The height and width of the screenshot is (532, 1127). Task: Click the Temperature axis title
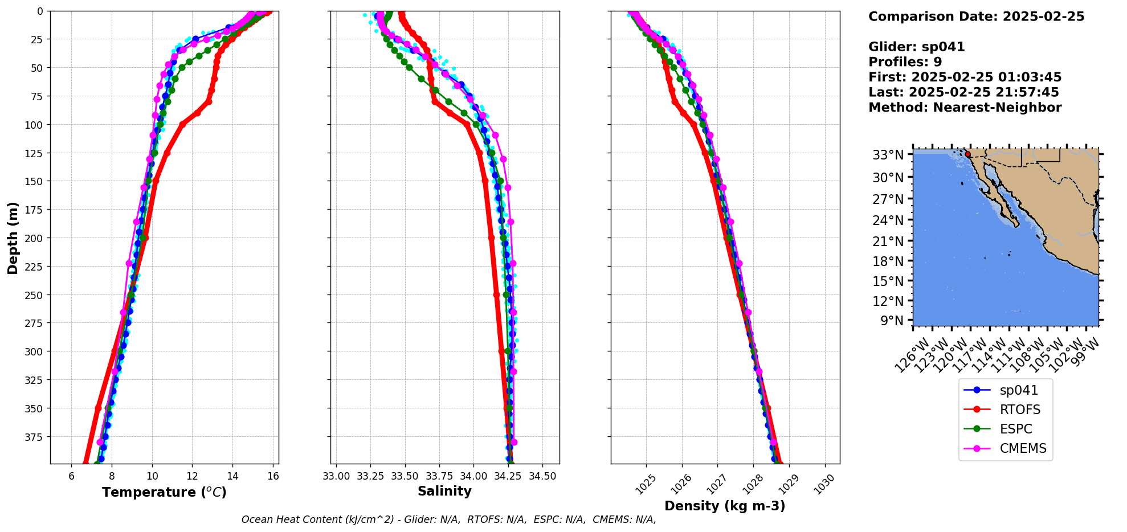pos(164,492)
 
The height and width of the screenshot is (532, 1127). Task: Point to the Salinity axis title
pos(444,491)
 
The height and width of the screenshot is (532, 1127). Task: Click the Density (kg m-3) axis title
pos(725,506)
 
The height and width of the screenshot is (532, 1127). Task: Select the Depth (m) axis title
pos(13,238)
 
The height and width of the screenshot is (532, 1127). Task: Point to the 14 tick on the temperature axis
pos(233,476)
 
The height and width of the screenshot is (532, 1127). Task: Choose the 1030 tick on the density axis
pos(824,484)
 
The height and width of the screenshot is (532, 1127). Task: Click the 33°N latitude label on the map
pos(888,155)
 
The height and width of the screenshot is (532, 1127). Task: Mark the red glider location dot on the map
pos(967,154)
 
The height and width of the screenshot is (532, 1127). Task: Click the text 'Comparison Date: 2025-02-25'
pos(976,17)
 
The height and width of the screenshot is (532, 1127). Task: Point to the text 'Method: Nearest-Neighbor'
pos(965,108)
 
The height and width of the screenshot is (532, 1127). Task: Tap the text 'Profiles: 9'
pos(905,62)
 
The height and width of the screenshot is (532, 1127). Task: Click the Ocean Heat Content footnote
pos(448,519)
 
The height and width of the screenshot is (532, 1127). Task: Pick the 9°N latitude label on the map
pos(892,321)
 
